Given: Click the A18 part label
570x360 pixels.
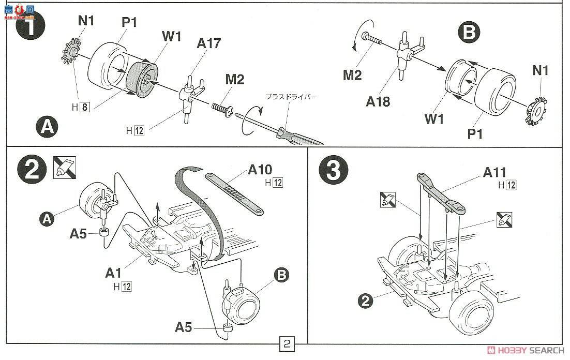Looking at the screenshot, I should (x=378, y=101).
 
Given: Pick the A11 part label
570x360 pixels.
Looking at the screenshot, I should (x=493, y=173).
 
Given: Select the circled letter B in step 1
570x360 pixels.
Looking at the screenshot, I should (x=469, y=34).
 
